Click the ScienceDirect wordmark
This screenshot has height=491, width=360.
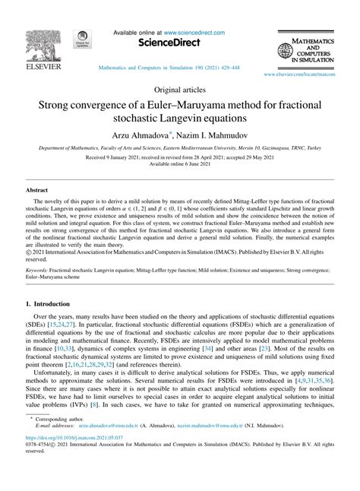click(179, 44)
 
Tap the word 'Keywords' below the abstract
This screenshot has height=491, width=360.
click(39, 269)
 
